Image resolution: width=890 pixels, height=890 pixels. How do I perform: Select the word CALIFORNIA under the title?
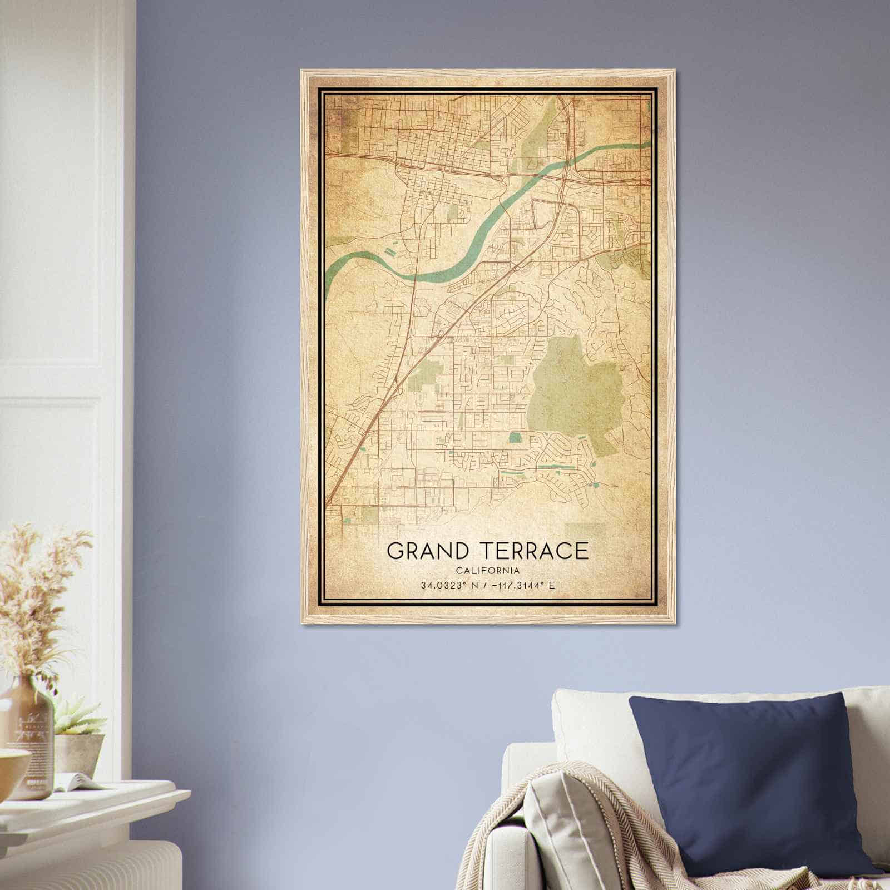(487, 570)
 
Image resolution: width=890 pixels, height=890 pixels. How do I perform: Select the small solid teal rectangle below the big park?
(515, 437)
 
